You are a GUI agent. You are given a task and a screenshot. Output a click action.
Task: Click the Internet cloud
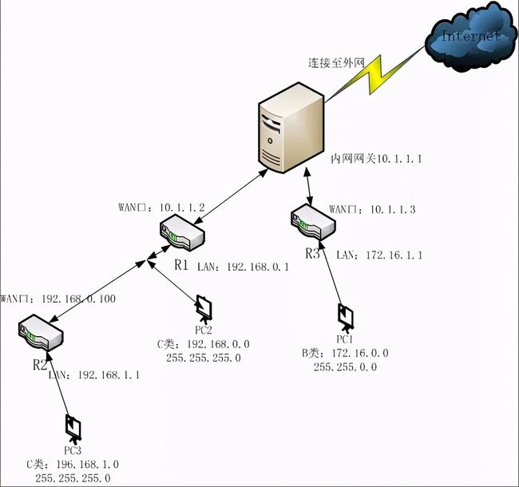[471, 37]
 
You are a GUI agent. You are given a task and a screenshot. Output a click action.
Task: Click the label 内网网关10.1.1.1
[376, 159]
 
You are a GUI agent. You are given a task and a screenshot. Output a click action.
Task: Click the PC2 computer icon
[204, 307]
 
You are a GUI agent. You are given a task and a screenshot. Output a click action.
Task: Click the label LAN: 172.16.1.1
[372, 255]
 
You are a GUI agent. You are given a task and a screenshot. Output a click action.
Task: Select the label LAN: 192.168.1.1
[94, 373]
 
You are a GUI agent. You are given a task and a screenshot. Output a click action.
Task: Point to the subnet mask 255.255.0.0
[345, 366]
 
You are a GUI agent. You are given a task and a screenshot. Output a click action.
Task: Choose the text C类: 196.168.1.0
[73, 464]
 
